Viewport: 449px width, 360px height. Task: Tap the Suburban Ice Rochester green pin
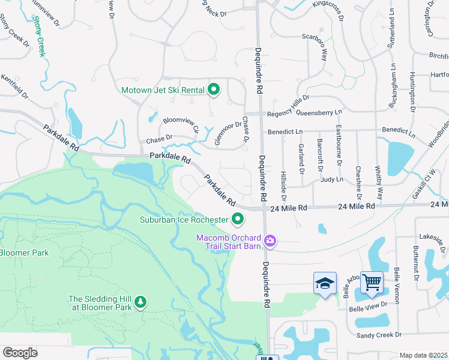pyautogui.click(x=238, y=219)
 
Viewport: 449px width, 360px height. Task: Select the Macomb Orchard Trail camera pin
pyautogui.click(x=270, y=241)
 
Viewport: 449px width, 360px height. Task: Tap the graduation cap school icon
pyautogui.click(x=325, y=283)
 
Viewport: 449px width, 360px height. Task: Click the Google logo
pyautogui.click(x=20, y=353)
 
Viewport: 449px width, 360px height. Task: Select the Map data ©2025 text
pyautogui.click(x=423, y=355)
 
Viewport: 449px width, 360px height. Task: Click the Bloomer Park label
pyautogui.click(x=23, y=253)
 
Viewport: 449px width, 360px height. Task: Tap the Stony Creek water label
pyautogui.click(x=40, y=37)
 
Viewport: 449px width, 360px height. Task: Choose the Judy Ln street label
pyautogui.click(x=331, y=179)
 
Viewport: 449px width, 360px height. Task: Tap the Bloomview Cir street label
pyautogui.click(x=181, y=124)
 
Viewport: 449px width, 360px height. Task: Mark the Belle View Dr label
pyautogui.click(x=369, y=307)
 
